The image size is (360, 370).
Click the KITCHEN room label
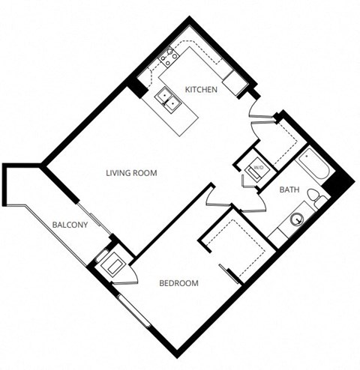[201, 90]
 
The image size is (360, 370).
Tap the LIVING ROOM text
[130, 173]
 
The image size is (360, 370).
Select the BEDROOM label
[179, 283]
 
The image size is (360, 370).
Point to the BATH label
[289, 190]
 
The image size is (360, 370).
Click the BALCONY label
[70, 225]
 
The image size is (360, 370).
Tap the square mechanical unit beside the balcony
[113, 264]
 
